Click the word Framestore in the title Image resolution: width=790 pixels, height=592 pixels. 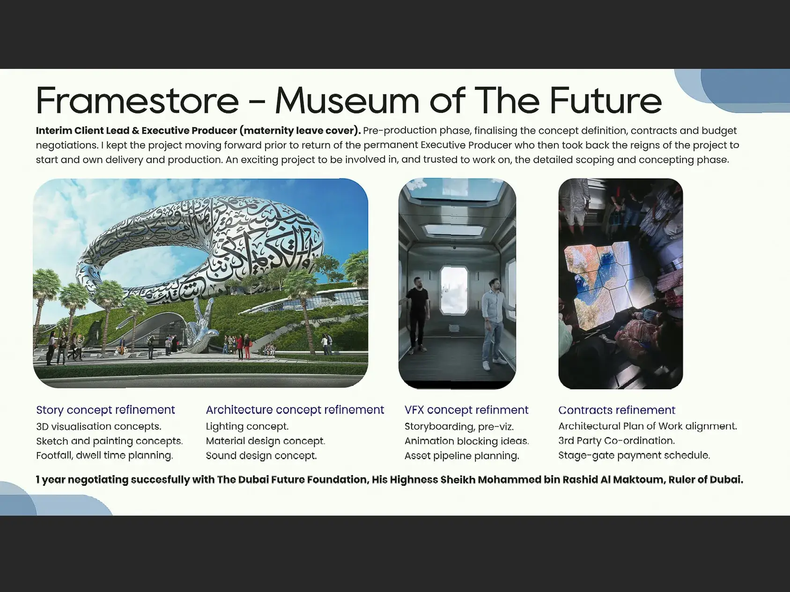click(137, 100)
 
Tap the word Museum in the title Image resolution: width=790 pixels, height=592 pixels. click(347, 100)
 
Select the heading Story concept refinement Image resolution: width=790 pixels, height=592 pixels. click(105, 410)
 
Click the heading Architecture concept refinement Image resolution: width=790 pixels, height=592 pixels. click(295, 410)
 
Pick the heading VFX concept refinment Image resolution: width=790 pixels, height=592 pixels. click(466, 410)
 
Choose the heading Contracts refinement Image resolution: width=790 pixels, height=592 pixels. click(617, 410)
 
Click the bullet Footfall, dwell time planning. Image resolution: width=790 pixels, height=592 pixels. click(104, 455)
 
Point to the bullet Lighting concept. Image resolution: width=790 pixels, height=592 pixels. click(247, 427)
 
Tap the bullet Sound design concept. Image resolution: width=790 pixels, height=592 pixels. click(261, 456)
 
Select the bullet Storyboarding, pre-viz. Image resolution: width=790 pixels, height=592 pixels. click(459, 427)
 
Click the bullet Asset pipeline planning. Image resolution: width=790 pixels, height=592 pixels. click(462, 456)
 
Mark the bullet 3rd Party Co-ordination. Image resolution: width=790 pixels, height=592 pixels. click(616, 441)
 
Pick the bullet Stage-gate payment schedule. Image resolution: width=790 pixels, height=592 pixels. click(634, 455)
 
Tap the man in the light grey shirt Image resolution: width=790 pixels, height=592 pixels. click(495, 323)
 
